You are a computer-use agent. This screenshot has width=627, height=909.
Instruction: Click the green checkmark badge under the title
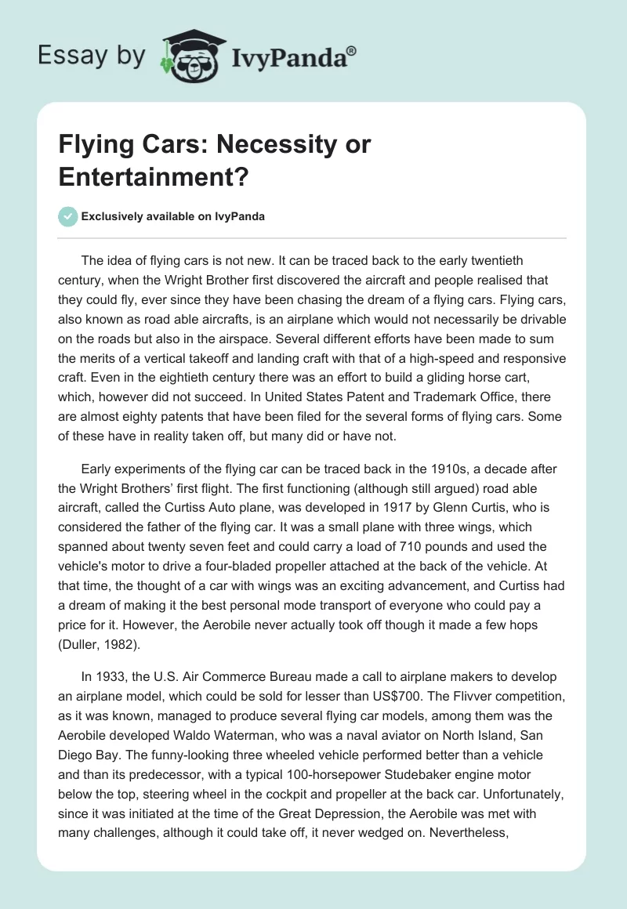click(69, 216)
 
